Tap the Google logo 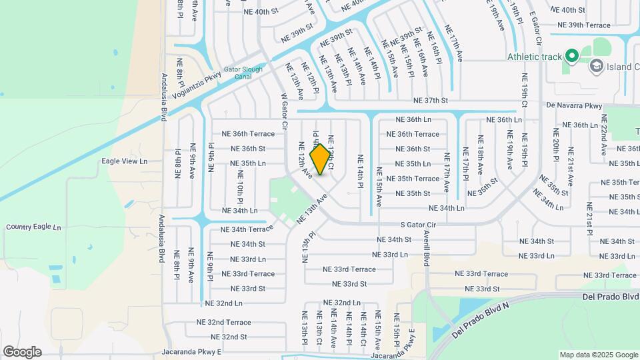(22, 351)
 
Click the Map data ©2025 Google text (598, 355)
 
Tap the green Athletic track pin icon (571, 56)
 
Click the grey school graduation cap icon (595, 65)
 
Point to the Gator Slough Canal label (243, 72)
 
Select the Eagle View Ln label (124, 161)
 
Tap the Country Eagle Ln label (33, 227)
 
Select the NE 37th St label (431, 101)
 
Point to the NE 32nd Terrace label (224, 322)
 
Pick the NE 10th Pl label (239, 187)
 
